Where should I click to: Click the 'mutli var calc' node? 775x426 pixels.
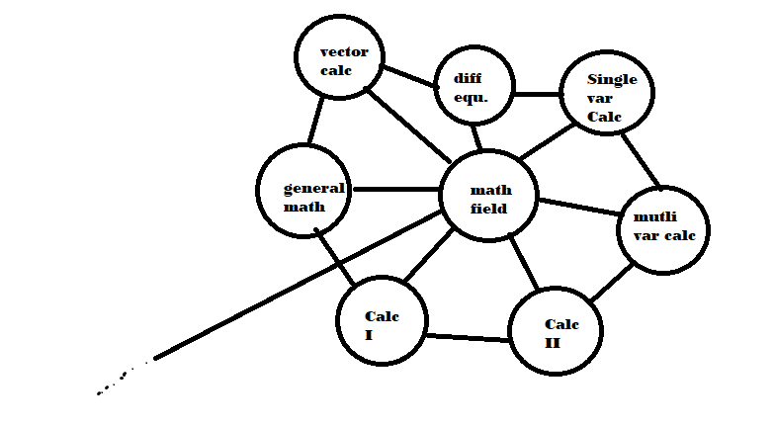pyautogui.click(x=663, y=228)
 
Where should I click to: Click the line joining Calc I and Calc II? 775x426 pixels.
pyautogui.click(x=468, y=338)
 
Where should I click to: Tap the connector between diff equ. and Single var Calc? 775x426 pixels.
pyautogui.click(x=537, y=95)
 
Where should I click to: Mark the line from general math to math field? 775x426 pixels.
pyautogui.click(x=396, y=189)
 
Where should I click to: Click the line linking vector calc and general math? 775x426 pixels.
pyautogui.click(x=315, y=121)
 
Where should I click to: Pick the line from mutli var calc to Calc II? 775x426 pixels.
pyautogui.click(x=612, y=283)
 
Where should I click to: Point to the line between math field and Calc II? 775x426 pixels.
pyautogui.click(x=524, y=263)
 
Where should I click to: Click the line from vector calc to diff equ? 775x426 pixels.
pyautogui.click(x=409, y=76)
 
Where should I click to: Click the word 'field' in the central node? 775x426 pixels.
pyautogui.click(x=489, y=209)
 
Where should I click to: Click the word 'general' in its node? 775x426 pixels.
pyautogui.click(x=313, y=188)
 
